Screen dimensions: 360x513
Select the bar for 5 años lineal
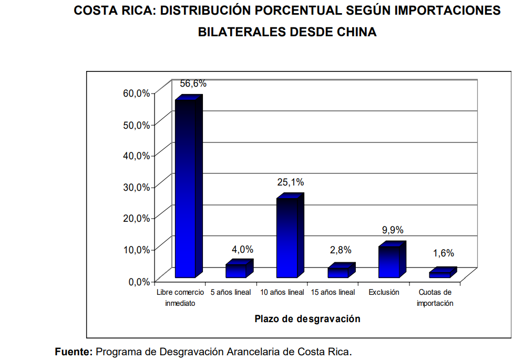click(236, 271)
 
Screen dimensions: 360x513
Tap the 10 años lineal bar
click(287, 238)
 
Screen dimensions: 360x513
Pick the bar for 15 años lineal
click(338, 272)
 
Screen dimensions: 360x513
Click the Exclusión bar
click(389, 262)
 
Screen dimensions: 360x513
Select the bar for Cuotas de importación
click(440, 274)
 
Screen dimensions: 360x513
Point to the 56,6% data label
click(193, 84)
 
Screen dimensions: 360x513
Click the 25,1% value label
click(291, 182)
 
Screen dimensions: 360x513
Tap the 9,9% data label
click(392, 230)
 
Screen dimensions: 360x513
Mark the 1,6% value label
click(443, 253)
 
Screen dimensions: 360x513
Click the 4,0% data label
click(242, 250)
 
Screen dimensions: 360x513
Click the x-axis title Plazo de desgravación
click(307, 318)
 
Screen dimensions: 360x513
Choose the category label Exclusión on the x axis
click(384, 292)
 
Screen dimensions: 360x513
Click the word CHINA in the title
click(354, 32)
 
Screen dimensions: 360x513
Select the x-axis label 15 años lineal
click(333, 292)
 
